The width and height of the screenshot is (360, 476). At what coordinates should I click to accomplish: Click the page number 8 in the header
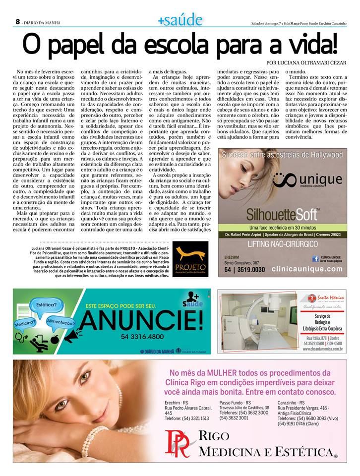pos(17,22)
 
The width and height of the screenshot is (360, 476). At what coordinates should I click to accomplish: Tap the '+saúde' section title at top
pos(180,20)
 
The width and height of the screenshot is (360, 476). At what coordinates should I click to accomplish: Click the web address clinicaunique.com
pos(307,269)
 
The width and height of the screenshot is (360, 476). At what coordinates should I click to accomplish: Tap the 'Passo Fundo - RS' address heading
pos(236,402)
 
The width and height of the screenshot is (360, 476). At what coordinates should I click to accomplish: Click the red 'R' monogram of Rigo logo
pos(177,444)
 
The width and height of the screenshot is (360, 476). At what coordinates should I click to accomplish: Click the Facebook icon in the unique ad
pos(314,258)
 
